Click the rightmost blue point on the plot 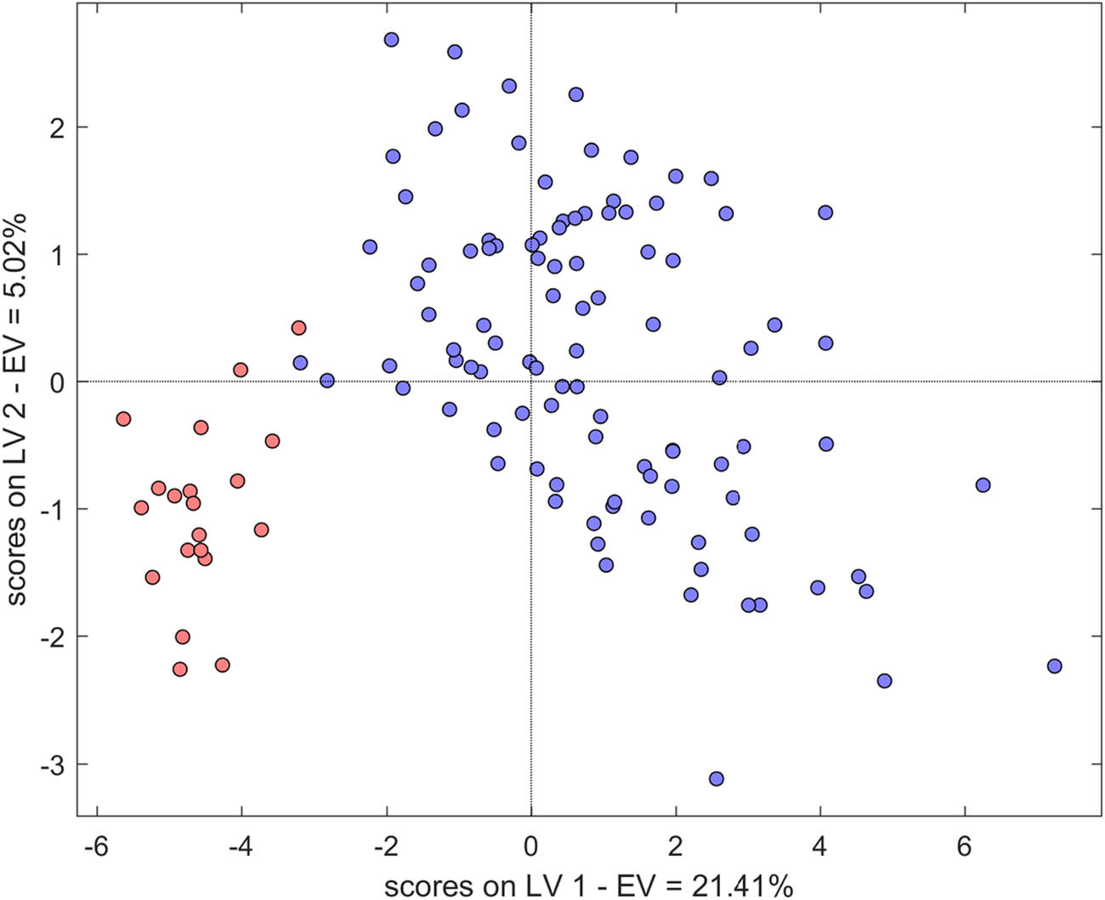pos(1054,666)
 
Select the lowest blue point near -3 pos(716,778)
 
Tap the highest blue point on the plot pos(391,40)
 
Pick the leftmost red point pos(123,419)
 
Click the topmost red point pos(298,328)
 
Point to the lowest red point pos(179,670)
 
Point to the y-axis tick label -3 pos(54,765)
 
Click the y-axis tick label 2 pos(59,127)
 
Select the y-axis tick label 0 pos(59,382)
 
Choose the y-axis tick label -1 pos(54,510)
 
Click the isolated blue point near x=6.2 pos(983,485)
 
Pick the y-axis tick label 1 pos(59,255)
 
